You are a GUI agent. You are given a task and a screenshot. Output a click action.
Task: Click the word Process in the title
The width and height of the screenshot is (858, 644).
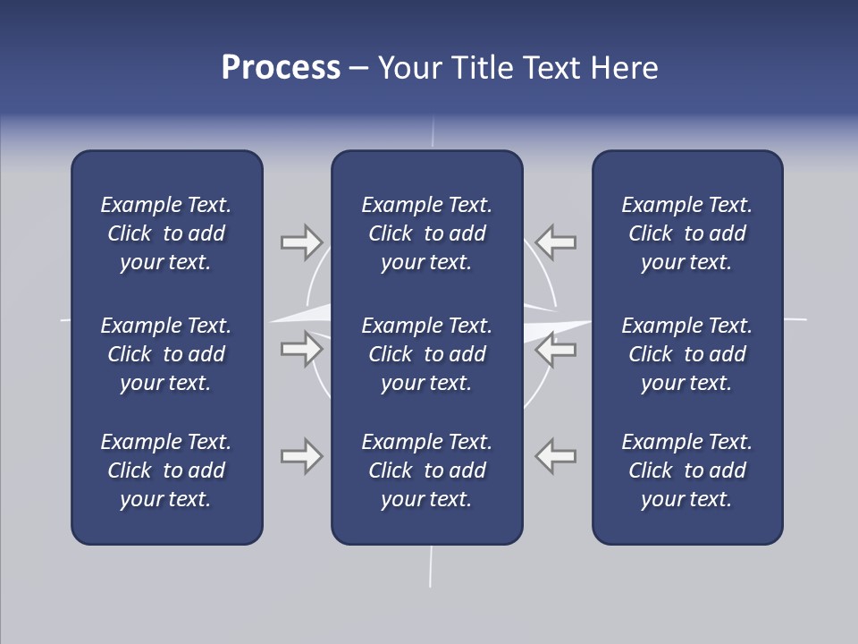pos(281,68)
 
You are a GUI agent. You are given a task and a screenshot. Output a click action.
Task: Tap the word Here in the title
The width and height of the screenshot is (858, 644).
pos(624,68)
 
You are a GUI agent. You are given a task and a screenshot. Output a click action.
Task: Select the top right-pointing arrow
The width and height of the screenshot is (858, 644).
pos(301,241)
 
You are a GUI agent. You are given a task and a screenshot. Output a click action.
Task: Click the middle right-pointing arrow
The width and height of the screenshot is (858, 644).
pos(301,349)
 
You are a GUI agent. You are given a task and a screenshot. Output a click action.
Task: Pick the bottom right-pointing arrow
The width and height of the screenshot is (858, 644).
pos(301,456)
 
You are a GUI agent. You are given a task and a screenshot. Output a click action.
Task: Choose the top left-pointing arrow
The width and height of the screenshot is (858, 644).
pos(556,241)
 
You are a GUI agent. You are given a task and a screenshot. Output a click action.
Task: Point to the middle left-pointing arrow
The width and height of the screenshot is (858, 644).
pos(556,349)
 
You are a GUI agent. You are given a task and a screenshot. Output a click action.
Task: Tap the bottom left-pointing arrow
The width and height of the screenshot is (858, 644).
pos(556,456)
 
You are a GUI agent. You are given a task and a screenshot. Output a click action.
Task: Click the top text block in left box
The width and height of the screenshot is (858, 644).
pos(166,233)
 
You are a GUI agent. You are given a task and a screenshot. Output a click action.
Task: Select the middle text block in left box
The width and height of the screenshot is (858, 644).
pos(166,354)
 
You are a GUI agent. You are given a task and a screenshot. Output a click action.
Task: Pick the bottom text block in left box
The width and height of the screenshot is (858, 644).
pos(166,470)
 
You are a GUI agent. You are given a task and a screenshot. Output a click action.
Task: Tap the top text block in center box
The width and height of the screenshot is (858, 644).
pos(426,233)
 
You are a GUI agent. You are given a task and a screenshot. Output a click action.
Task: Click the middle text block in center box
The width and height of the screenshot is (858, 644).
pos(426,354)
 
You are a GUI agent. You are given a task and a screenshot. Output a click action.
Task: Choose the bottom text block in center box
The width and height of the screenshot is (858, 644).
pos(426,470)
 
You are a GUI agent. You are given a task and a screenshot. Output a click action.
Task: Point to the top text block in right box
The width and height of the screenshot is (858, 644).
pos(687,233)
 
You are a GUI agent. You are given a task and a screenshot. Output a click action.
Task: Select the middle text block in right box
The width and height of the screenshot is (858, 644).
pos(687,354)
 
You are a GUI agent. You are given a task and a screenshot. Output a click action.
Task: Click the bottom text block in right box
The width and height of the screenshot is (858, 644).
pos(687,470)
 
